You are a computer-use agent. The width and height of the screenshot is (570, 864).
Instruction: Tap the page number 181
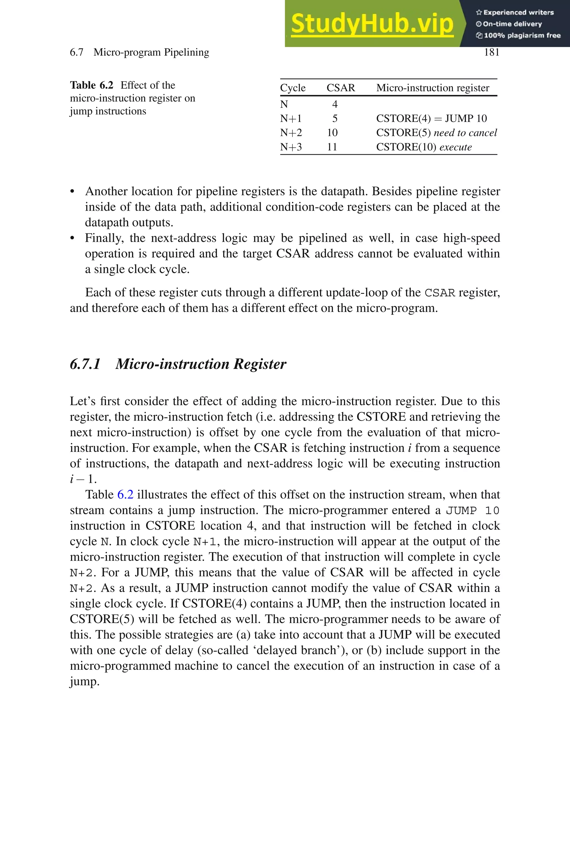(x=492, y=52)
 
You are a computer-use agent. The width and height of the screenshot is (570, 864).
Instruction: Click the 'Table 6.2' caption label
(x=92, y=85)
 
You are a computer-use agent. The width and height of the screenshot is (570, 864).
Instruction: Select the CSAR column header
(x=341, y=88)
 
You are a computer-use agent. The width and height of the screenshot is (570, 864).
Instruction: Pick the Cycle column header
(x=293, y=88)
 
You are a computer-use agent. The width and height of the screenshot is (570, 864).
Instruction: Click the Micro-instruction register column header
(x=433, y=88)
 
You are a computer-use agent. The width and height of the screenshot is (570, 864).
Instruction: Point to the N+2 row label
(x=291, y=133)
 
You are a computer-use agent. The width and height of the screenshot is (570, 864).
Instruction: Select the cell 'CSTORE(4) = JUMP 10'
(x=431, y=119)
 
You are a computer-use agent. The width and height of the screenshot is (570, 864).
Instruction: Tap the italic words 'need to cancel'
(x=465, y=133)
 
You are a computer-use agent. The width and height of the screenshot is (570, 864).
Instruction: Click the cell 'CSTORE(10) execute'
(x=424, y=147)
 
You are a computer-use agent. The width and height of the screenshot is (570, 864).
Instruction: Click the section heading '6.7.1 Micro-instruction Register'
(x=178, y=364)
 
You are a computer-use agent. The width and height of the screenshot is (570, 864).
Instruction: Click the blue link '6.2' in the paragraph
(x=125, y=494)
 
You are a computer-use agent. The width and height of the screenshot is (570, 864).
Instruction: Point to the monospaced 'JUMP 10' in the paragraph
(x=473, y=511)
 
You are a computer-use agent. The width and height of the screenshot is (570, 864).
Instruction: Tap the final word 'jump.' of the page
(x=84, y=681)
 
